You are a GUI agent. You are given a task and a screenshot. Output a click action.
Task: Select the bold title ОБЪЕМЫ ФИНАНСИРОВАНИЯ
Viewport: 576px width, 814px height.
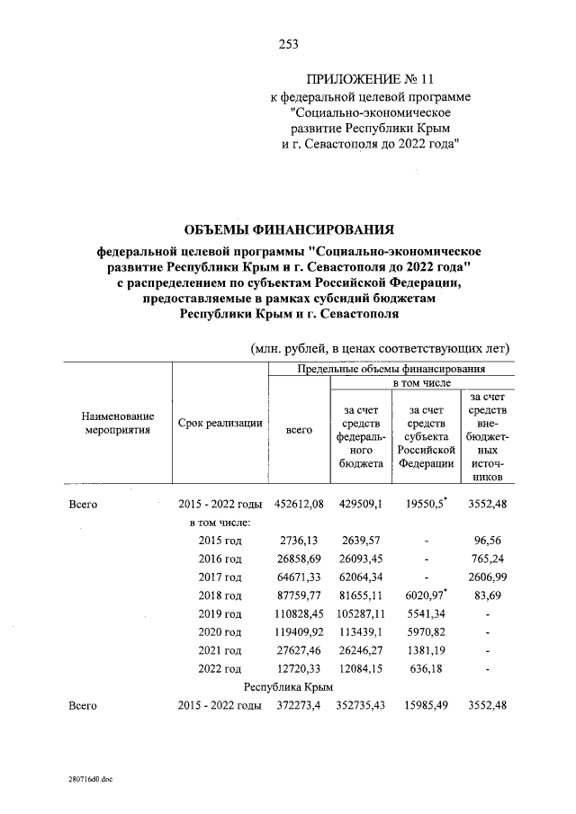[287, 230]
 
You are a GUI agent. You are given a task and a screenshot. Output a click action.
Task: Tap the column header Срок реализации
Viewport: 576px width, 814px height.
[220, 423]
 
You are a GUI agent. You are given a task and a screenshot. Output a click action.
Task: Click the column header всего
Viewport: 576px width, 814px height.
[299, 430]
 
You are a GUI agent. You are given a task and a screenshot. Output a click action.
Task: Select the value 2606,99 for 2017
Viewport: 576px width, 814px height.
[487, 577]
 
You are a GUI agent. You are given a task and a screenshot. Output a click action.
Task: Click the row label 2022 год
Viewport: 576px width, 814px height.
[220, 668]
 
